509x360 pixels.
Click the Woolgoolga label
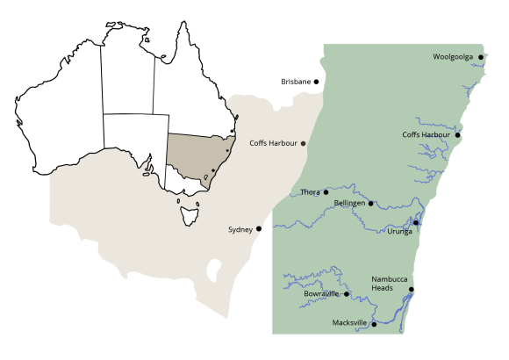click(x=453, y=57)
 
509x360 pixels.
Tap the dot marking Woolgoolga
click(x=481, y=57)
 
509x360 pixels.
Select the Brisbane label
click(x=296, y=82)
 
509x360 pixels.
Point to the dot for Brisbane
click(x=317, y=82)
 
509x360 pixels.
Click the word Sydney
click(x=240, y=229)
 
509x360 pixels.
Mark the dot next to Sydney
click(x=258, y=228)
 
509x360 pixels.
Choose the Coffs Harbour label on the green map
click(x=426, y=134)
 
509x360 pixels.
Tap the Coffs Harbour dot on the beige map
click(x=304, y=143)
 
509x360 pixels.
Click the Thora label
click(x=310, y=191)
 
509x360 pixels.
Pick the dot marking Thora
click(x=326, y=191)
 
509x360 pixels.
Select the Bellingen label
click(x=351, y=203)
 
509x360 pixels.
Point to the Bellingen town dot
click(x=371, y=204)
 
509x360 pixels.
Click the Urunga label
click(x=399, y=231)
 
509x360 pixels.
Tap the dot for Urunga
click(x=416, y=223)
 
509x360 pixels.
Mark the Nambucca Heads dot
click(x=411, y=289)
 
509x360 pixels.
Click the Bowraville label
click(x=321, y=294)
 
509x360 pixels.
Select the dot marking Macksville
click(x=374, y=324)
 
